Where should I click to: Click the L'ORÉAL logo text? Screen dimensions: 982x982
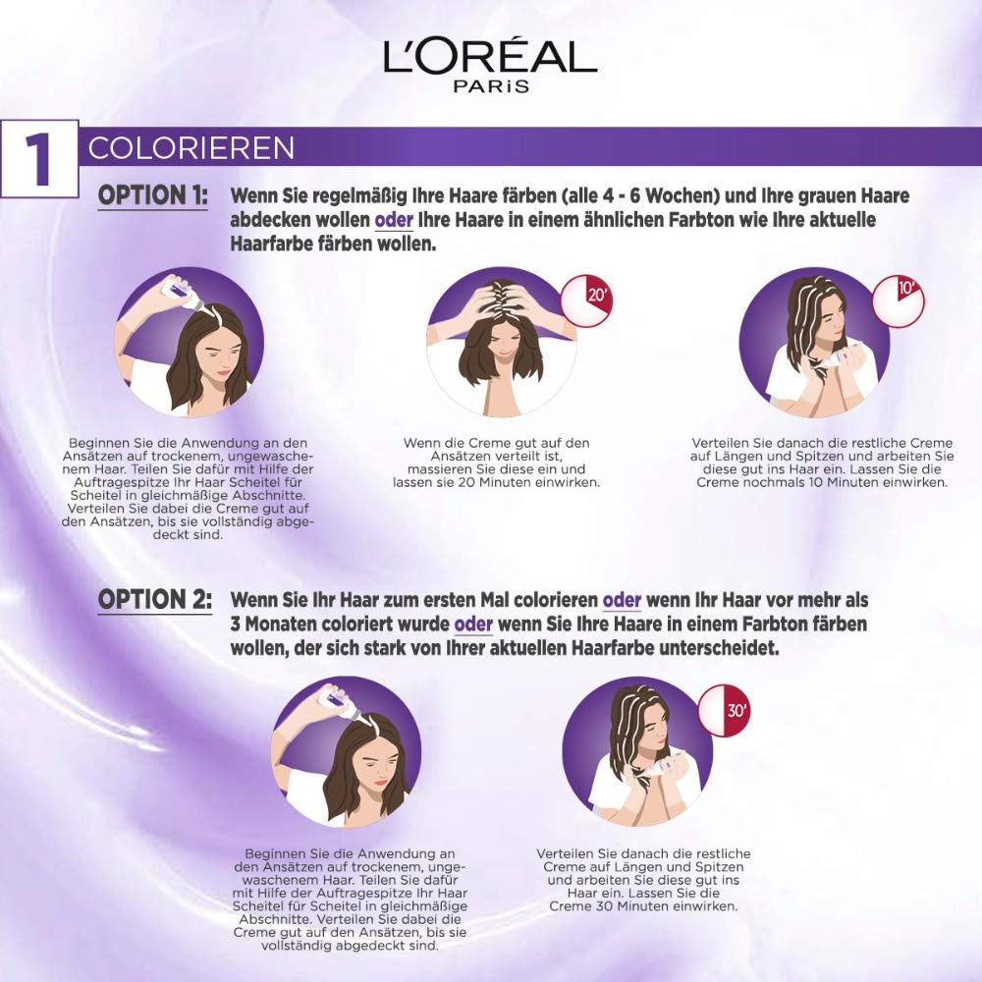(490, 58)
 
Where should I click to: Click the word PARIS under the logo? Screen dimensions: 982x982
(491, 86)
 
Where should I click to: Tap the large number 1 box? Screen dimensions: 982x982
(39, 160)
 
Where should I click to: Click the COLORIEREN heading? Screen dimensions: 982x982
(191, 147)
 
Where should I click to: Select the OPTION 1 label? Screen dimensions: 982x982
(152, 194)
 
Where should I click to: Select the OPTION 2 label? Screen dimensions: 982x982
(154, 599)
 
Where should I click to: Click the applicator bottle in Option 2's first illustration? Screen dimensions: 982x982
(331, 700)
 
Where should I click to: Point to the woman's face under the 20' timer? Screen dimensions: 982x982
(502, 345)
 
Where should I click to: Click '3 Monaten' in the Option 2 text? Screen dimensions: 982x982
(275, 625)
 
